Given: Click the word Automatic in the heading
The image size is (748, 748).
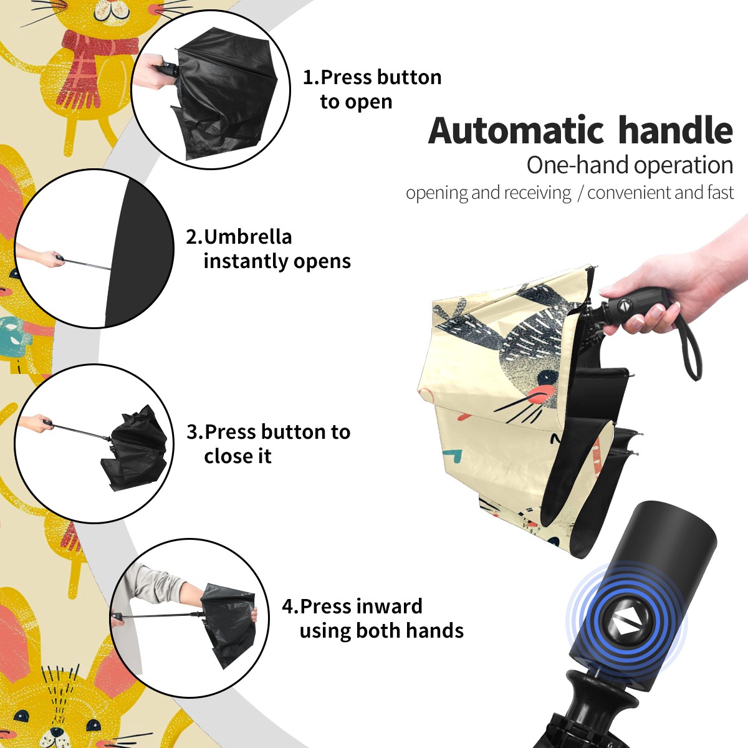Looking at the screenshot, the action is (516, 131).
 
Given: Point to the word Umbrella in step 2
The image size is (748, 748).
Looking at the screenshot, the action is (247, 237).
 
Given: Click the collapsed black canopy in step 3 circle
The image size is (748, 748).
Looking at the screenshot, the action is (136, 446).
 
